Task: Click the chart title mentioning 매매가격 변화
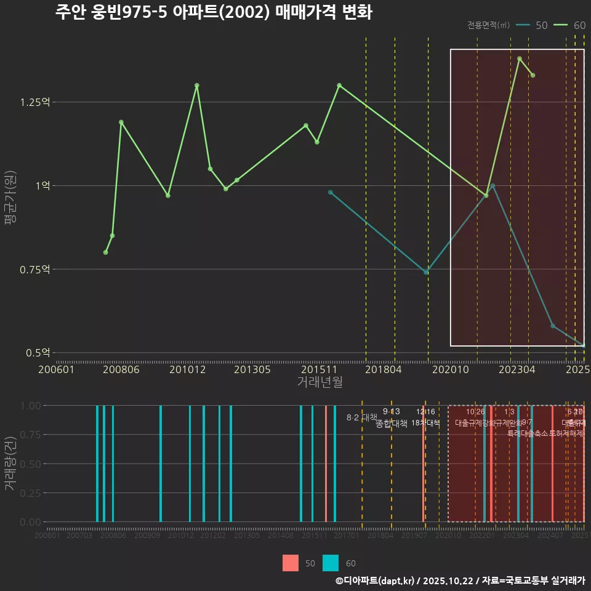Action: (x=214, y=12)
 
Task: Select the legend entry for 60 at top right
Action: (x=569, y=25)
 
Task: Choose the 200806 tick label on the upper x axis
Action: (x=122, y=369)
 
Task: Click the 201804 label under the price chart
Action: (x=384, y=369)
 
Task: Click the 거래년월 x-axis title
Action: (x=320, y=382)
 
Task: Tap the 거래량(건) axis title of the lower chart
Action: (x=10, y=464)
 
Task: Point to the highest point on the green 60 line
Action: (x=520, y=58)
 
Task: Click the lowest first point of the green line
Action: (x=106, y=252)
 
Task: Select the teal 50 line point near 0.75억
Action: (x=427, y=272)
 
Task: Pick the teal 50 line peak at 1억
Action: (x=492, y=185)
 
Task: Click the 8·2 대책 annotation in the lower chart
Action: (x=361, y=417)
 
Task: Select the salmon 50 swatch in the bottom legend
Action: (x=291, y=563)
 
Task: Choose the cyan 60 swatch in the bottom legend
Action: (x=331, y=563)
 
